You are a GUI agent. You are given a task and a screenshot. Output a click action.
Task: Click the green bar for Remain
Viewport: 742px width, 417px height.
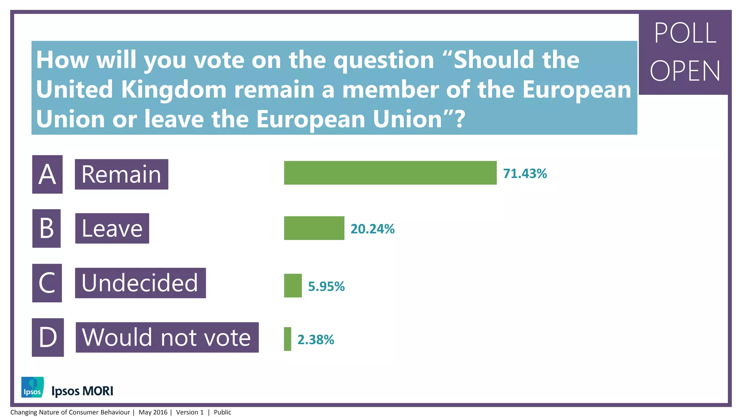click(390, 173)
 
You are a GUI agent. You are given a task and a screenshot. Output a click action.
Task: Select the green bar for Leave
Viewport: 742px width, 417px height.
click(314, 228)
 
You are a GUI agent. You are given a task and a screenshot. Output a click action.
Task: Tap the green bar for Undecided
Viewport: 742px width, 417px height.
click(293, 286)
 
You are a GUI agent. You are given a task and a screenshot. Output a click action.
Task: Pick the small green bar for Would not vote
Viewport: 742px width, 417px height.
click(287, 339)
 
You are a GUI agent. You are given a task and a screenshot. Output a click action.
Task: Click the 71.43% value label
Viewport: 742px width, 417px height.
click(525, 174)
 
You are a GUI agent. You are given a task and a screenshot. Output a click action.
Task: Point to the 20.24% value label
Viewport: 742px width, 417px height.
click(372, 229)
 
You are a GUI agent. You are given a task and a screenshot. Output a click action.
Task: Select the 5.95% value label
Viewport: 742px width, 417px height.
click(326, 287)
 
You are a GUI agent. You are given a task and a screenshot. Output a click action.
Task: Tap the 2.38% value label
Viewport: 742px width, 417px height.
click(316, 340)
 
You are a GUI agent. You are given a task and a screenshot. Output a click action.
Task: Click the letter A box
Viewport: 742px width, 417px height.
click(47, 174)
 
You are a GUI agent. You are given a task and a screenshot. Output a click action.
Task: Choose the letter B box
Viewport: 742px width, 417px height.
click(46, 228)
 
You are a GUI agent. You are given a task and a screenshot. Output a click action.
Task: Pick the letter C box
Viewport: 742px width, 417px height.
click(47, 283)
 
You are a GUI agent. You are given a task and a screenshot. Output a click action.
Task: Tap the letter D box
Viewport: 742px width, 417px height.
click(48, 337)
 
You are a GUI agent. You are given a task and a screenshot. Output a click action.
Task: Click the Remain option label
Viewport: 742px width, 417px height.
click(121, 174)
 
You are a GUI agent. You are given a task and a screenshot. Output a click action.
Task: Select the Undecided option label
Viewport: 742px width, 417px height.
click(140, 283)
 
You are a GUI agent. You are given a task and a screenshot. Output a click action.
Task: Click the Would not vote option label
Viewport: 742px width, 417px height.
click(167, 337)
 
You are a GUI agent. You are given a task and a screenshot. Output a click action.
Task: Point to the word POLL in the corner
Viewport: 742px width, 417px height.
click(685, 33)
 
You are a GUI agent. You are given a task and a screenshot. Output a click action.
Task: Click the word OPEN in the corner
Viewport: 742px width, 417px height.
click(685, 71)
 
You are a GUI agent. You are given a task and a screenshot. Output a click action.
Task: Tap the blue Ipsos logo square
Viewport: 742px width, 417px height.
click(32, 387)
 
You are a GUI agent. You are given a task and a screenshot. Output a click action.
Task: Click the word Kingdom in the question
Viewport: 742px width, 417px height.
click(174, 89)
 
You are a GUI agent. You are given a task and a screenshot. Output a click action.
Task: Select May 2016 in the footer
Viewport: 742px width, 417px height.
click(153, 412)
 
